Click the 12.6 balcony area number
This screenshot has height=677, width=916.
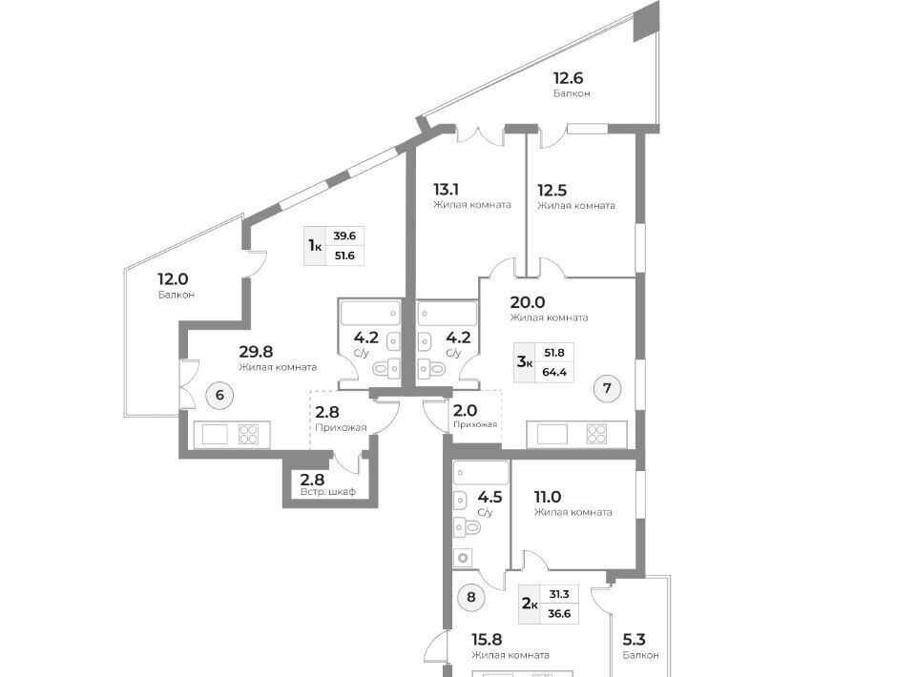571,78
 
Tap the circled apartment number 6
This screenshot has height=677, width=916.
219,396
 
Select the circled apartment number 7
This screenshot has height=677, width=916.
607,388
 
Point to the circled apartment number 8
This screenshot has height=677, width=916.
471,598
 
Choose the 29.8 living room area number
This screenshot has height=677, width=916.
255,350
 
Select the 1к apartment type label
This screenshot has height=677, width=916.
314,246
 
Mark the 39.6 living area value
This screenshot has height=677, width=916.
343,236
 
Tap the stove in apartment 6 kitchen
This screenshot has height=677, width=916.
248,435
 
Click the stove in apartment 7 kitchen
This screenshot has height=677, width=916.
597,435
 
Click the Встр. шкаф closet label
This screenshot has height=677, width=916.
327,492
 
